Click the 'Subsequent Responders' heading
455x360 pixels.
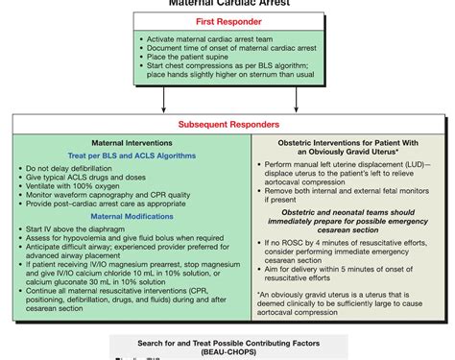click(x=228, y=124)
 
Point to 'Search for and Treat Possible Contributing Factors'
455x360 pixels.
click(x=227, y=342)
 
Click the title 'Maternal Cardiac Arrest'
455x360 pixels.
click(x=227, y=3)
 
